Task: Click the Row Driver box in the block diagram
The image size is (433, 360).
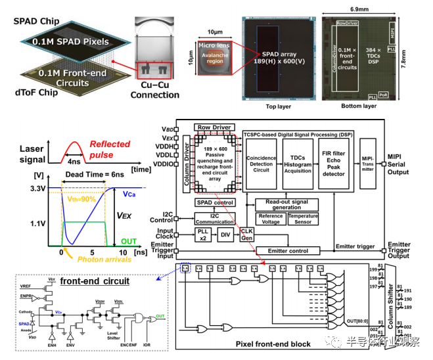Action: [x=214, y=127]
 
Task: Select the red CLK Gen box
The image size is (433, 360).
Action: [x=246, y=234]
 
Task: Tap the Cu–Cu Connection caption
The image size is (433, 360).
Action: [x=156, y=91]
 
